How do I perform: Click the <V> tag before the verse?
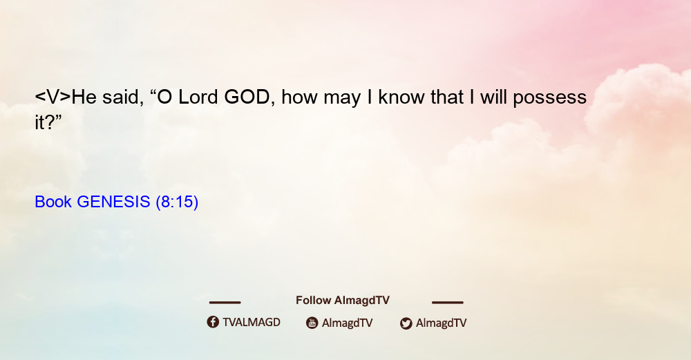53,97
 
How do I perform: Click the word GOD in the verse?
247,97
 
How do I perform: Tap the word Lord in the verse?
198,97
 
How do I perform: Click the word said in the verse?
123,97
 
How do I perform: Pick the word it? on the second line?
48,122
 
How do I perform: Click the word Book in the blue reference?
53,202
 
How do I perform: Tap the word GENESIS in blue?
113,202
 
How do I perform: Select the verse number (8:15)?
177,202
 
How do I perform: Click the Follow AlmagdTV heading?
343,300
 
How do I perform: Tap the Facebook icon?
213,322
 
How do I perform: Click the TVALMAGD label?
252,323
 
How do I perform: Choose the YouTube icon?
312,323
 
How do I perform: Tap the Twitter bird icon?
406,323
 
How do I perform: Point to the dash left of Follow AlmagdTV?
225,302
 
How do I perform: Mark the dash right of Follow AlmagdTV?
448,302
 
